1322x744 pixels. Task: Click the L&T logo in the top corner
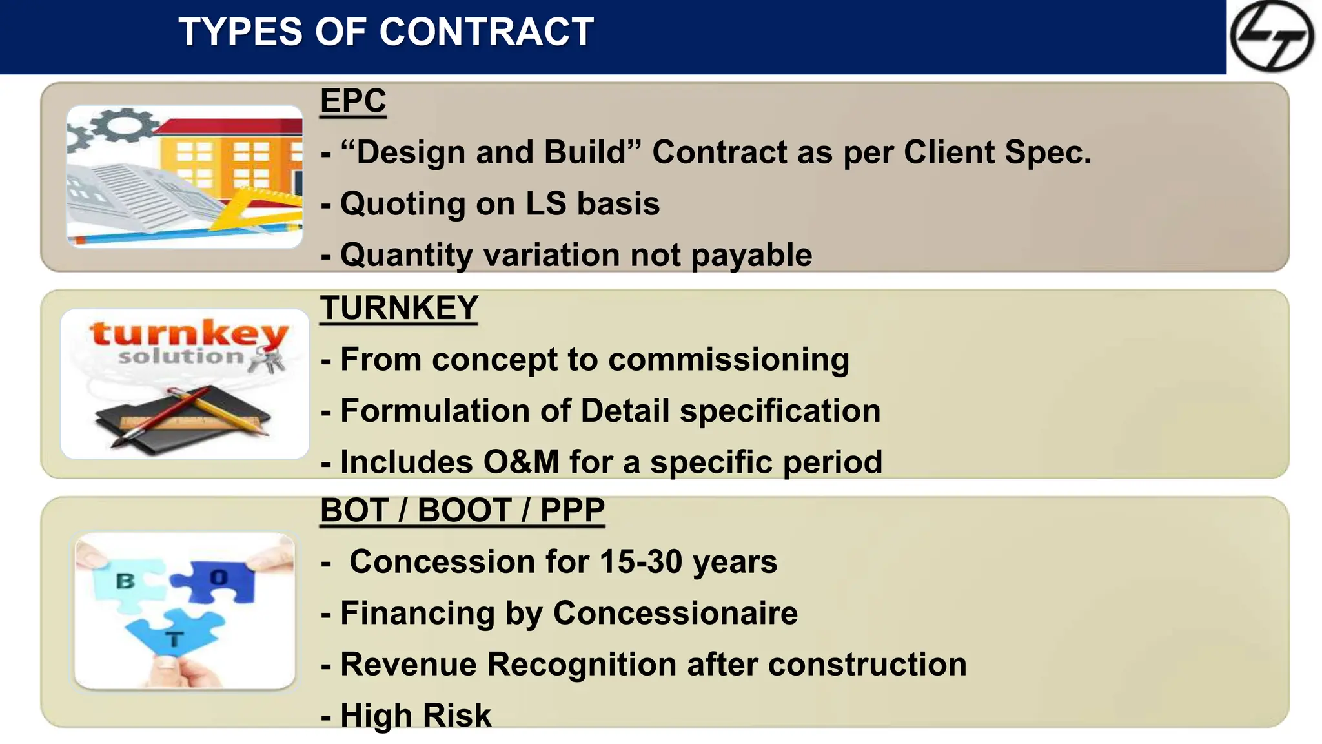coord(1271,36)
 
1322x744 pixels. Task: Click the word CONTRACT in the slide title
coord(486,32)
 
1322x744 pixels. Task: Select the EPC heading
coord(353,101)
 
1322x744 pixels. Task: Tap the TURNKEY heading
coord(399,308)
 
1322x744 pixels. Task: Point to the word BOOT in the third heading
coord(464,510)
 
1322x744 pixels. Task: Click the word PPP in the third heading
coord(572,510)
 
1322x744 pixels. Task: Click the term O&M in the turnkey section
coord(520,462)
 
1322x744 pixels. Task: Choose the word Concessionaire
coord(675,614)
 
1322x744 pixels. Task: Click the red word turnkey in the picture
coord(188,334)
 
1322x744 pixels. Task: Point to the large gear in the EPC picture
coord(127,126)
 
